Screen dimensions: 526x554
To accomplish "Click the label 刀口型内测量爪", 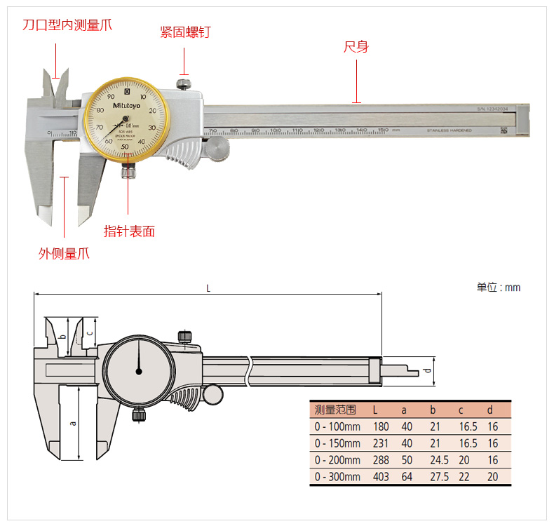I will coord(67,25).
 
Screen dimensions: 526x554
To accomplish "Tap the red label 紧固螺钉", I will coord(185,32).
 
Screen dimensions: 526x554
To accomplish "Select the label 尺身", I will coord(356,48).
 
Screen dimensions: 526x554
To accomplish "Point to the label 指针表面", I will coord(129,231).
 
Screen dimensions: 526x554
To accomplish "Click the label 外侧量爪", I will coord(64,254).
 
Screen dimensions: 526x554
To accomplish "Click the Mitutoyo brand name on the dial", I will coord(127,106).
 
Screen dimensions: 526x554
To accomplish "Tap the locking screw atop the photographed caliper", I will coord(184,85).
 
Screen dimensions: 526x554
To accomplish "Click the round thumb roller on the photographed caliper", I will coord(217,148).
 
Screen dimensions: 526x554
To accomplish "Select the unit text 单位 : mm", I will coord(499,288).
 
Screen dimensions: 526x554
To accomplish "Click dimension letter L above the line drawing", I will coord(208,288).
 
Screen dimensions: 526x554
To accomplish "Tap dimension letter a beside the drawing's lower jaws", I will coord(72,423).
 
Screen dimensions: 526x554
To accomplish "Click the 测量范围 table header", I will coord(336,410).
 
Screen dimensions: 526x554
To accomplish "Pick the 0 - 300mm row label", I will coord(337,477).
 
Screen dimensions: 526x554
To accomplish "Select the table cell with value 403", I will coord(380,477).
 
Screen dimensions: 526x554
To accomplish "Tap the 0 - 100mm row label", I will coord(337,426).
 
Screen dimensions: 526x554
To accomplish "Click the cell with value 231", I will coord(380,443).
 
